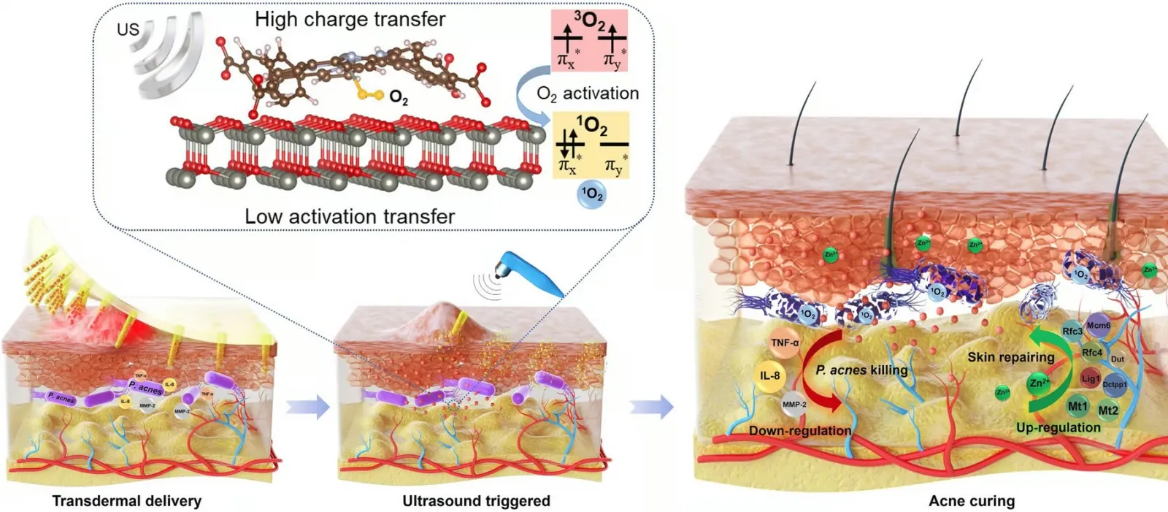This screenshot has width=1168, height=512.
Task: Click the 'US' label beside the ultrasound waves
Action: click(128, 30)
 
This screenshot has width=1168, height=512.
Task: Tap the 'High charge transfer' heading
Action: click(350, 20)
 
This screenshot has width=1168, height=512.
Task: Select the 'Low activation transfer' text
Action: click(350, 216)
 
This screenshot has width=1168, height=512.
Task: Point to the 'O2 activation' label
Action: click(588, 93)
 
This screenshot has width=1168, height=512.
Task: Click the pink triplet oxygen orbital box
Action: click(589, 40)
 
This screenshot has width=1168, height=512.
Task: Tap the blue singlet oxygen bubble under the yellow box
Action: click(591, 194)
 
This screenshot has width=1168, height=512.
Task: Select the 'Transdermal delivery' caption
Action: click(126, 501)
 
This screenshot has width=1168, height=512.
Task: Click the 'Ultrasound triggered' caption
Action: click(476, 501)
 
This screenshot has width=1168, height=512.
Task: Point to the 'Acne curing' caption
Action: click(972, 501)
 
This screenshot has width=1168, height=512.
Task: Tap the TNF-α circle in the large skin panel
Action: click(784, 343)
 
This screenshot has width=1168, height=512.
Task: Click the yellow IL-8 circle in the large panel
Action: click(770, 376)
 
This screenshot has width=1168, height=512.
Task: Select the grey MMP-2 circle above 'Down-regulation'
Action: click(794, 404)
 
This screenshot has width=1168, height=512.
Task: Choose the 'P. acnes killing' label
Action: click(861, 370)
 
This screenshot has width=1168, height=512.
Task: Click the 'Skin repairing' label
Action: click(1010, 357)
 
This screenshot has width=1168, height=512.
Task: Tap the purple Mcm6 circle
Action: click(1098, 326)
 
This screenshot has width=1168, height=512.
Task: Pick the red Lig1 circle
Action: click(1090, 379)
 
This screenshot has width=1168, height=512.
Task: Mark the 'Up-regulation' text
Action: click(1058, 428)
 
